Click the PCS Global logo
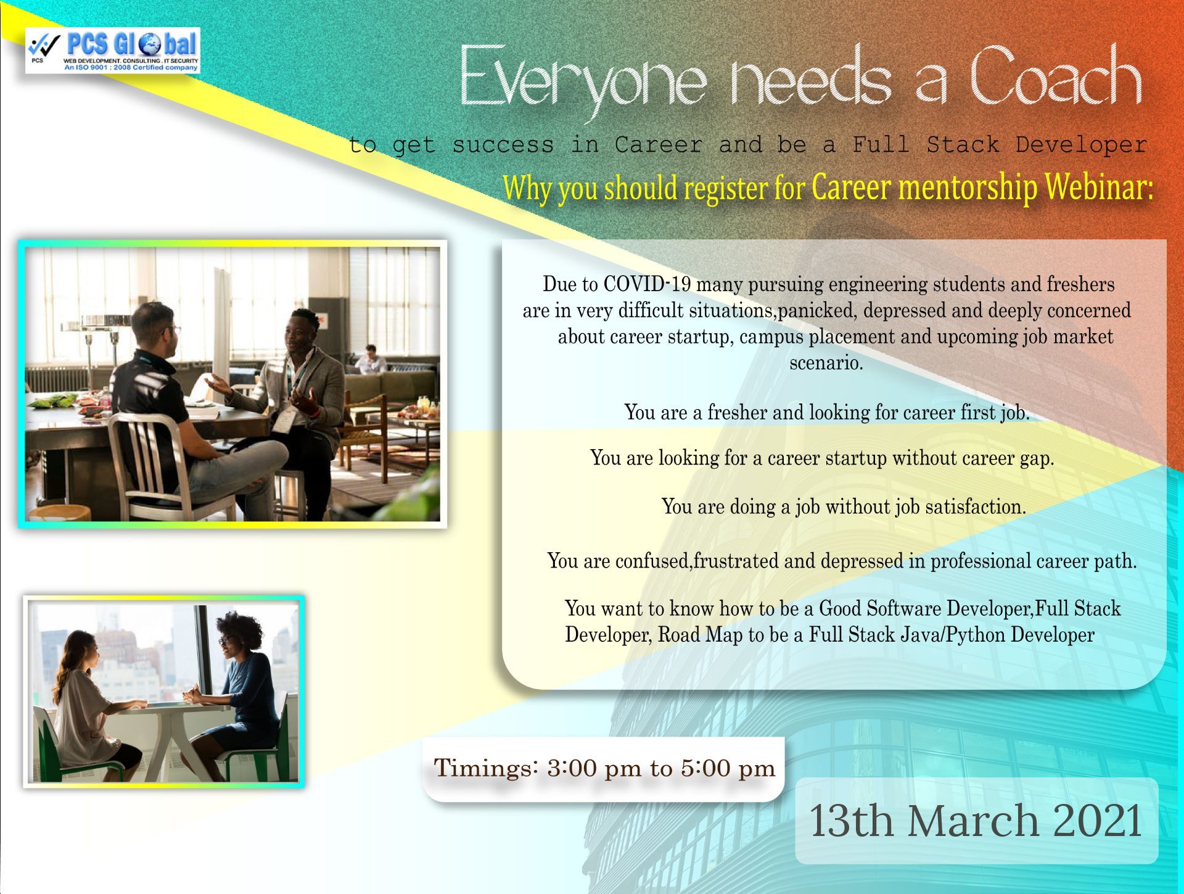[x=113, y=51]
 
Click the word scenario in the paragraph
[x=826, y=362]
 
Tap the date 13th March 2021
[x=976, y=821]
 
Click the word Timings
[x=487, y=768]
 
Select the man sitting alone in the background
[x=370, y=359]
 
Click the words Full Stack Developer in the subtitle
[x=1000, y=145]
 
